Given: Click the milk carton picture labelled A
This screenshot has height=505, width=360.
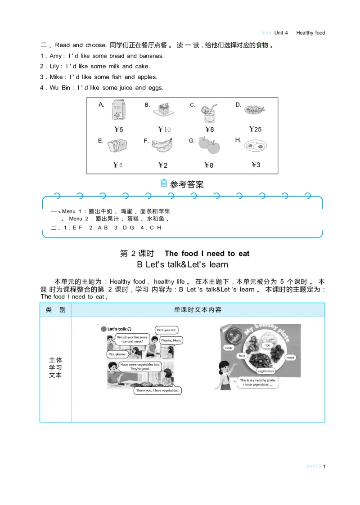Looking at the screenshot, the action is (119, 111).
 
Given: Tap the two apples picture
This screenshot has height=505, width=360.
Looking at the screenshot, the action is (209, 145).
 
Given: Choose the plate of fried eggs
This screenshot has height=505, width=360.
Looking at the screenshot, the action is (256, 145).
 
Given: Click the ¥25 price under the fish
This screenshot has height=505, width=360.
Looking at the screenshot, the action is (255, 130).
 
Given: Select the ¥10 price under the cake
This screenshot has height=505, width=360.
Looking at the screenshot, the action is (164, 130).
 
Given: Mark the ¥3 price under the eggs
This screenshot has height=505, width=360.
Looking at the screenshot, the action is (256, 165).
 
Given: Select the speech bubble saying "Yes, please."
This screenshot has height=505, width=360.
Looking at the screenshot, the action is (118, 354).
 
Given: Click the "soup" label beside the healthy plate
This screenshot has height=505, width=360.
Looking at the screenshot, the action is (228, 348).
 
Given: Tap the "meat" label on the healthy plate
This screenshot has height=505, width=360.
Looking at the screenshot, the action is (291, 358).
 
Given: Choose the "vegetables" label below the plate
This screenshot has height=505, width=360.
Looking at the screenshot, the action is (265, 371).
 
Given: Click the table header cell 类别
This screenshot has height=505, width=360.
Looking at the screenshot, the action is (55, 310).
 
